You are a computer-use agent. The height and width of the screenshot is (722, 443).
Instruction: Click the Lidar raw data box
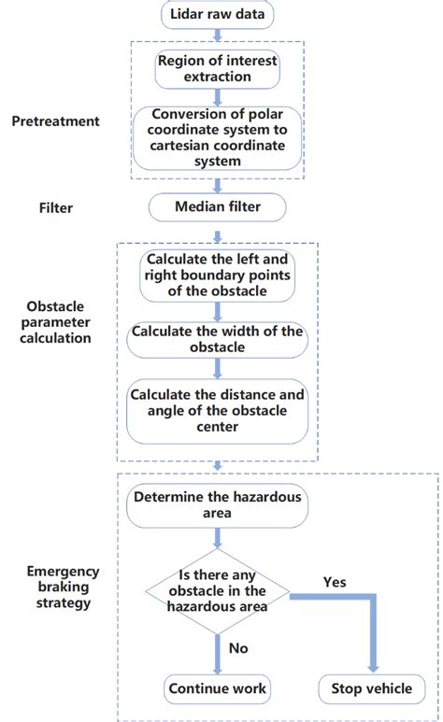pos(217,16)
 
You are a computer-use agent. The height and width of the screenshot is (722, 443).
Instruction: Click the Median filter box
pos(217,206)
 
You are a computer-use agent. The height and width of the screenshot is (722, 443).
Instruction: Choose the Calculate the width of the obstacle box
pos(217,339)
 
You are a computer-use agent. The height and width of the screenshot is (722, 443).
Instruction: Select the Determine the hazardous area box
pos(217,505)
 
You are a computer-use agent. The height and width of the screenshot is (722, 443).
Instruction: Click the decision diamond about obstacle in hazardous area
pos(217,590)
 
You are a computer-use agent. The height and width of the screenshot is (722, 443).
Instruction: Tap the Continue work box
pos(217,689)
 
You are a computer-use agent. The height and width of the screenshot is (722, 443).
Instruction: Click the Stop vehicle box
pos(370,689)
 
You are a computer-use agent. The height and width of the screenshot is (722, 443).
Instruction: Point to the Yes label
pos(335,582)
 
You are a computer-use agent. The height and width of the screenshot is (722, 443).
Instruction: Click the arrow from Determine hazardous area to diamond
pos(217,537)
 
